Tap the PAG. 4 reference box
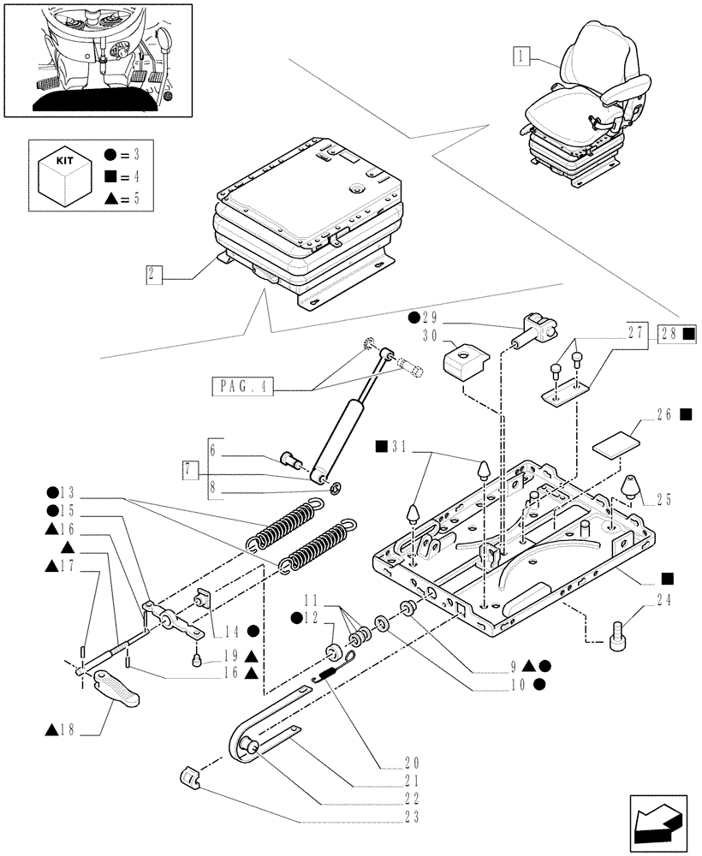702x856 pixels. pos(241,386)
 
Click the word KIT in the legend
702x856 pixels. pos(64,160)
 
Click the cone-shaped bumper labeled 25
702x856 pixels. pos(630,485)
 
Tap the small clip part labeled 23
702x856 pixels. pos(193,779)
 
